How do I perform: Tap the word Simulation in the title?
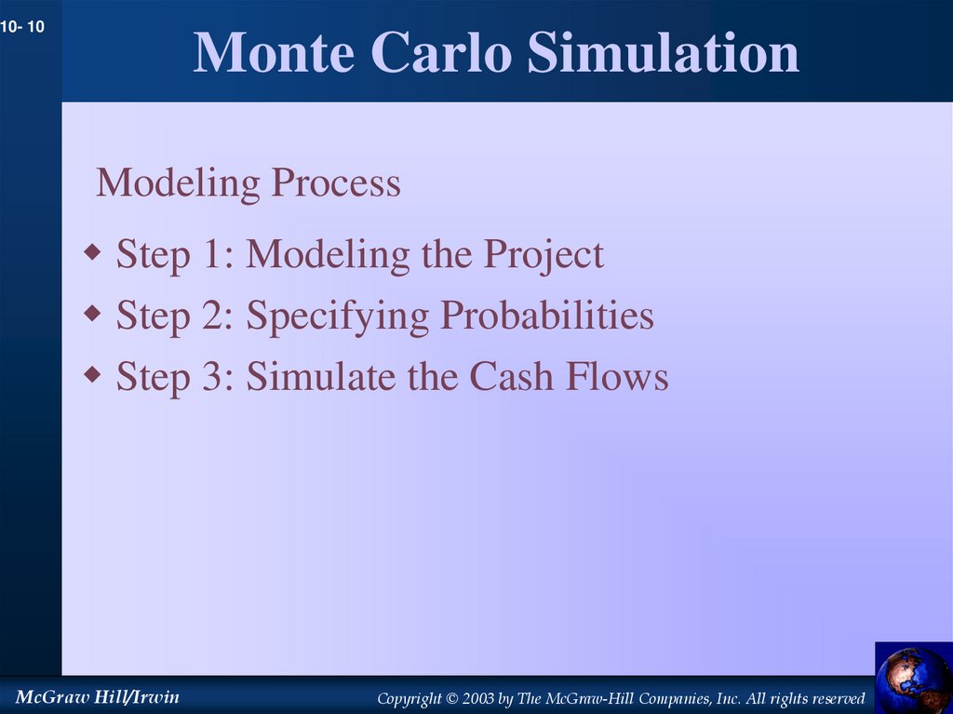663,53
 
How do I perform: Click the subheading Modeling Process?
248,182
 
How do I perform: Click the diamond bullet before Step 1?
92,251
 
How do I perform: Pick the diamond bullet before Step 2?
92,314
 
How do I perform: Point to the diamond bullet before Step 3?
92,375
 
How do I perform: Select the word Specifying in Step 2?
338,317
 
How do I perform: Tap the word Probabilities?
547,317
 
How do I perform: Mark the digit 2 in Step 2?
221,317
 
